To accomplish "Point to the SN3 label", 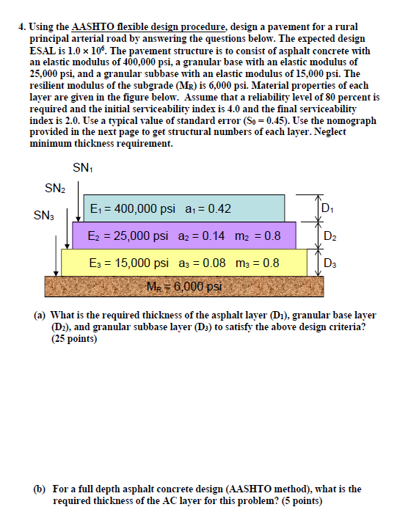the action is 43,216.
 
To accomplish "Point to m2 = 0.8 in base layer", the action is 257,237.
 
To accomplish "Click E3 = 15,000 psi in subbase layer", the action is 128,262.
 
